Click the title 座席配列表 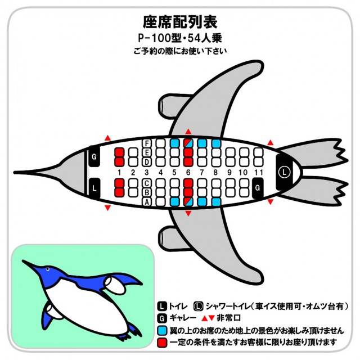click(180, 22)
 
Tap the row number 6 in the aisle click(188, 173)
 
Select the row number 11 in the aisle click(258, 173)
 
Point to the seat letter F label click(147, 143)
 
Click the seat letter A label click(147, 202)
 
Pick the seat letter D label click(147, 162)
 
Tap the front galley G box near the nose click(94, 156)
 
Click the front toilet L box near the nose click(94, 188)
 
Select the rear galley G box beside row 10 click(258, 188)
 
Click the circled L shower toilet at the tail click(285, 172)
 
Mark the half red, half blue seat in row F click(188, 143)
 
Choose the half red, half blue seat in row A click(188, 202)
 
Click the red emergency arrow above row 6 click(188, 132)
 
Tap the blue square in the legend click(162, 331)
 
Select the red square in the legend click(162, 343)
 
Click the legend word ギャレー click(183, 318)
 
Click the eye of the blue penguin click(48, 269)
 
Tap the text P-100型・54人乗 click(180, 38)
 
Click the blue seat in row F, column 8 click(216, 143)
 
